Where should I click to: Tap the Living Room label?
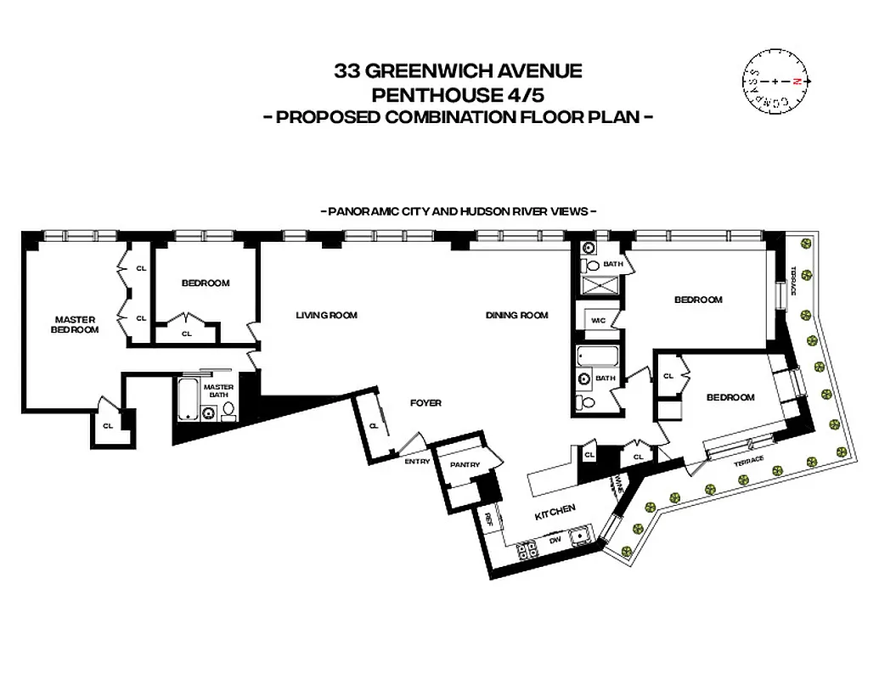pos(327,316)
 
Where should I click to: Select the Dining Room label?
pos(517,316)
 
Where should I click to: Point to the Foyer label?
pos(426,403)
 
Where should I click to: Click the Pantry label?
pos(466,465)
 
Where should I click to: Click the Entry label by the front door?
pos(417,462)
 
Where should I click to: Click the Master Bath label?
pos(218,391)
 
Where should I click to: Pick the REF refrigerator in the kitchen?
pos(490,519)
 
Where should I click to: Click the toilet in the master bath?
pos(228,412)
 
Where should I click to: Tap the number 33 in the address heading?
pos(348,70)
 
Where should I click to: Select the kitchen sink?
pos(582,536)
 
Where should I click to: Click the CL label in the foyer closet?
pos(373,426)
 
